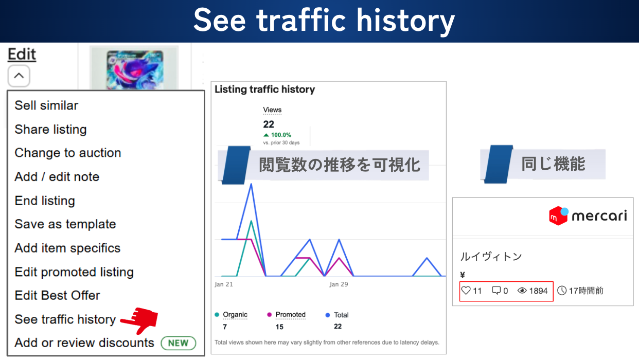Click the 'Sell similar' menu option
[x=46, y=105]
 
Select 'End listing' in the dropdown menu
[x=45, y=201]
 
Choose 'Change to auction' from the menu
[x=68, y=153]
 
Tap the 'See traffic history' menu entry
[x=65, y=319]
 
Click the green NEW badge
[x=179, y=343]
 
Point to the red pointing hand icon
[x=139, y=320]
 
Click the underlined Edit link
[x=22, y=54]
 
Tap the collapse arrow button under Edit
[x=19, y=76]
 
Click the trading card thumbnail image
[x=134, y=68]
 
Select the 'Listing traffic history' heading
[x=265, y=89]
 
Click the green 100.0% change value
[x=281, y=135]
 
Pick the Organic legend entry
[x=231, y=315]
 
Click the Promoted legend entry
[x=286, y=315]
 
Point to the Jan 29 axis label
[x=339, y=284]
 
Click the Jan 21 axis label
[x=224, y=284]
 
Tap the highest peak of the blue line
[x=251, y=184]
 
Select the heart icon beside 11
[x=466, y=291]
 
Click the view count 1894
[x=538, y=291]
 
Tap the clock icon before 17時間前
[x=562, y=291]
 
